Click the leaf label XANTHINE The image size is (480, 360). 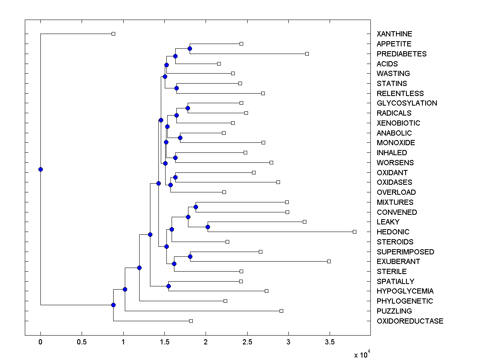coord(394,34)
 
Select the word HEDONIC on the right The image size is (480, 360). coord(393,232)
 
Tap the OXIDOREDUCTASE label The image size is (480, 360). coord(410,321)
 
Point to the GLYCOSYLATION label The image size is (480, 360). coord(407,103)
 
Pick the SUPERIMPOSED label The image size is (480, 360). coord(405,252)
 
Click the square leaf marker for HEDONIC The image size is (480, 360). coord(354,232)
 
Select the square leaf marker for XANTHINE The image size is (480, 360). coord(113,34)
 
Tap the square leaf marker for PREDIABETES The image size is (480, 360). coord(307,54)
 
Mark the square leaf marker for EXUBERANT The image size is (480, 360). coord(329,261)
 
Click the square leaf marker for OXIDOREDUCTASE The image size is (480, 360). coord(191,321)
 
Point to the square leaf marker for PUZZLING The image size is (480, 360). coord(281,311)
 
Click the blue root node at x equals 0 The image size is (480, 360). coord(40,169)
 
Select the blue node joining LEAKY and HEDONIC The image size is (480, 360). coord(208,227)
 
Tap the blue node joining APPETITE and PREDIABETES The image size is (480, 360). coord(190,49)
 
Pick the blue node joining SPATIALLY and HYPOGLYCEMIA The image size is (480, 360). coord(168,286)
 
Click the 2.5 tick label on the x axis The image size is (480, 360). coord(247,342)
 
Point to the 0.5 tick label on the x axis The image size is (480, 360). coord(82,342)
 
